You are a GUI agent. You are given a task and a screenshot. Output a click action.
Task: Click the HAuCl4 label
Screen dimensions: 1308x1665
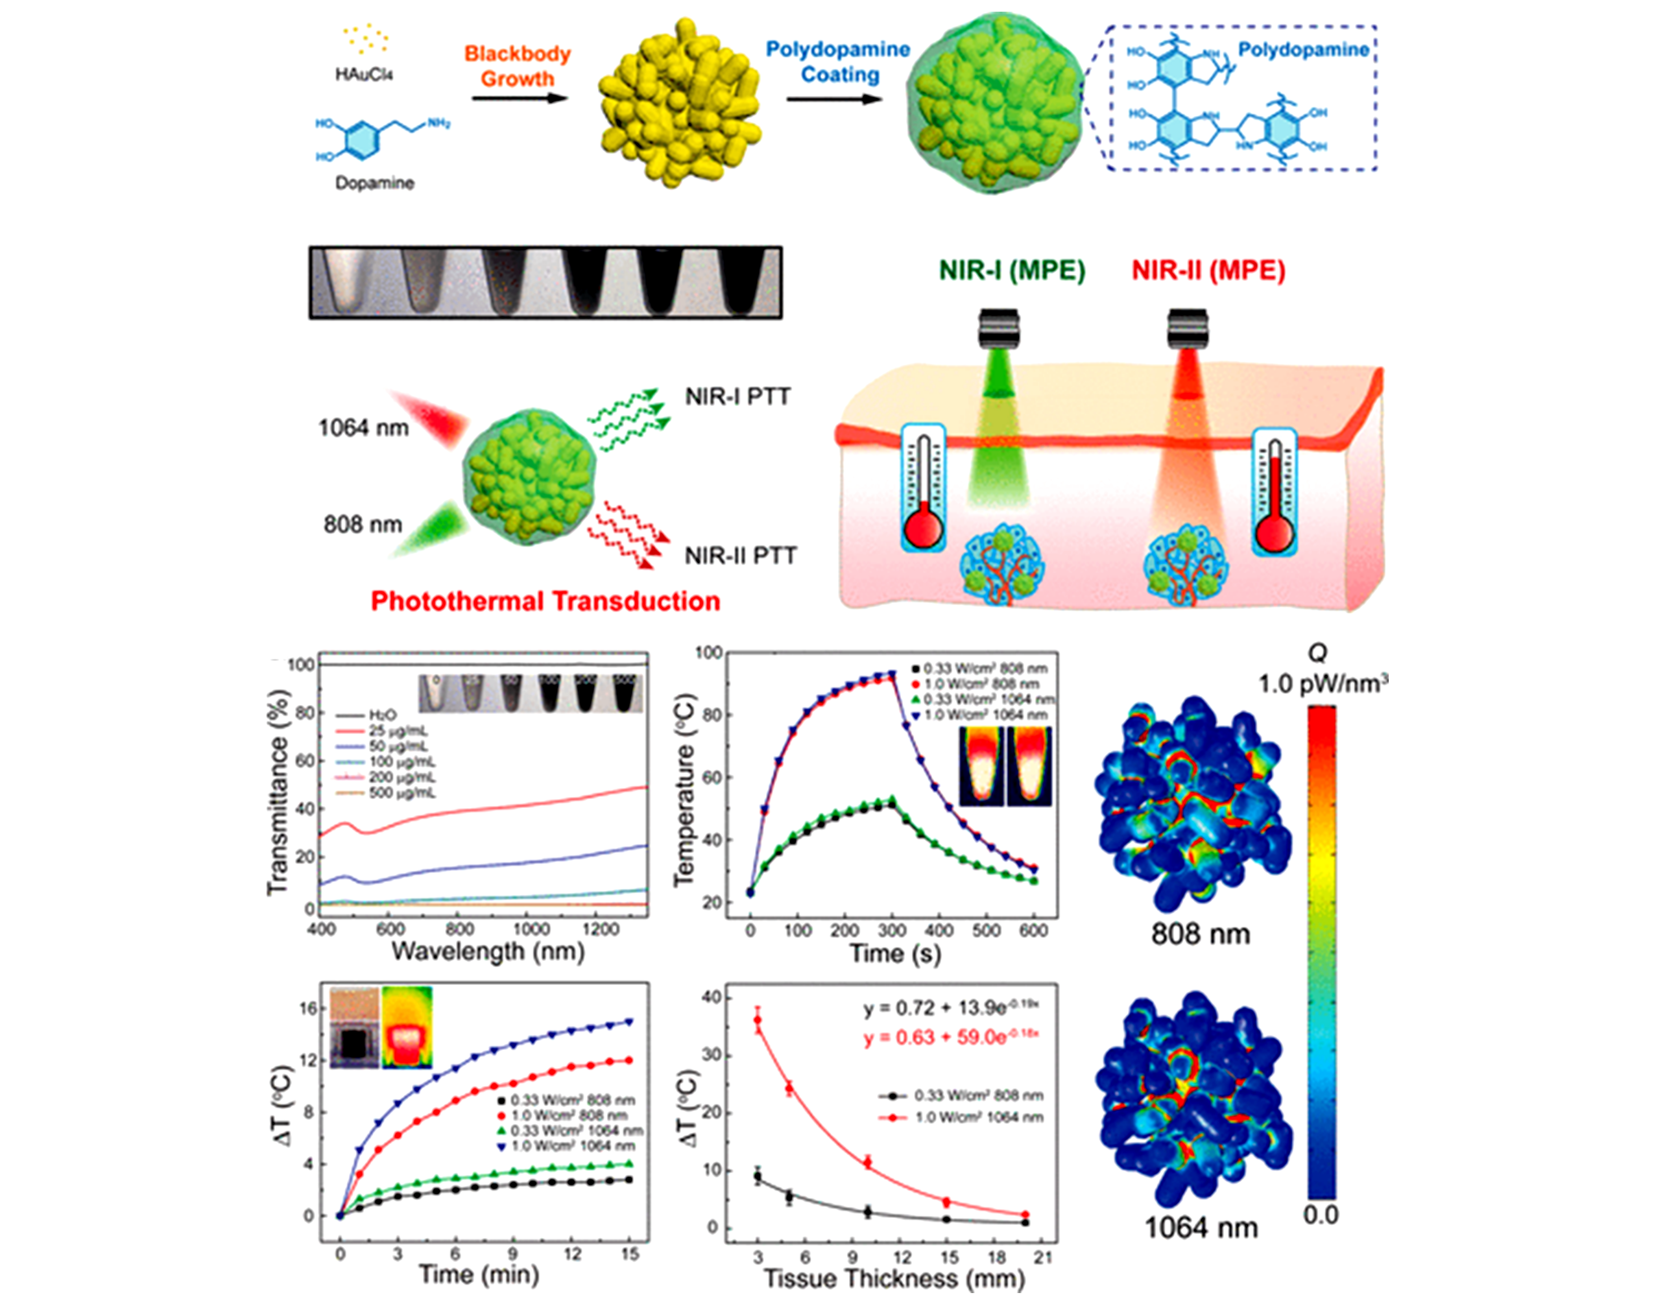point(365,75)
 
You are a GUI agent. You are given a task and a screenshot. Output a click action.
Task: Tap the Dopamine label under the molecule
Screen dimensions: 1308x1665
point(374,184)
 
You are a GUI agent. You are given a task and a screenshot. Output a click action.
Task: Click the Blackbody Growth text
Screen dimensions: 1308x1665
point(518,67)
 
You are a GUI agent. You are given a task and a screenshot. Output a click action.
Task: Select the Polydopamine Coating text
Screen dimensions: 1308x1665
point(839,62)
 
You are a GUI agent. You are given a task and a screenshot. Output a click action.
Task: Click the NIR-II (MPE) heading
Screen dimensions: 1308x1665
point(1208,271)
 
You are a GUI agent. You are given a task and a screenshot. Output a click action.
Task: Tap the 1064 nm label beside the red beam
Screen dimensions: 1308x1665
point(364,427)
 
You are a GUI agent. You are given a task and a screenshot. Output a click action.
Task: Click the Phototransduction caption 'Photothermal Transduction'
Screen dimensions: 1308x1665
point(545,601)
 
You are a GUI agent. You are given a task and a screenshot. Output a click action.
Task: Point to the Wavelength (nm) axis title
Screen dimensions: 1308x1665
point(488,952)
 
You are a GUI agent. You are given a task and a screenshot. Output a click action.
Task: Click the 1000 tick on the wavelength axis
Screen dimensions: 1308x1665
point(530,929)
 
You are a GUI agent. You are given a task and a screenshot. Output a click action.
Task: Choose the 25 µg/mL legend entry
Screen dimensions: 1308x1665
point(398,731)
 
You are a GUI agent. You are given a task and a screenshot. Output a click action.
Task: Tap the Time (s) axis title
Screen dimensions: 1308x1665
point(894,953)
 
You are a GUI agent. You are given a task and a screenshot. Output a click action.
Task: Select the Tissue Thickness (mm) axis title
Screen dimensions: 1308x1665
point(894,1278)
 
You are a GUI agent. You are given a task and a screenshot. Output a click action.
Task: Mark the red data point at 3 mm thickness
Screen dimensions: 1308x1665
point(758,1019)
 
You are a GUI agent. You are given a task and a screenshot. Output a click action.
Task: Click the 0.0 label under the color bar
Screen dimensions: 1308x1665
point(1321,1215)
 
